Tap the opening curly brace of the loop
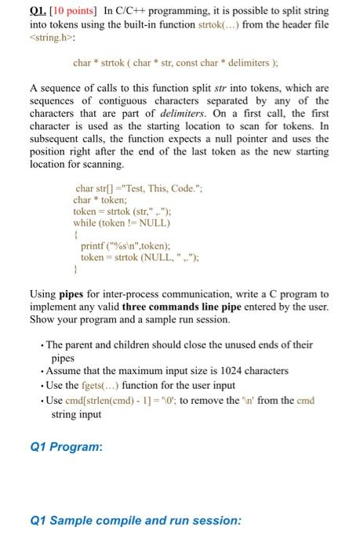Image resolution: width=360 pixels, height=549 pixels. (x=75, y=234)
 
